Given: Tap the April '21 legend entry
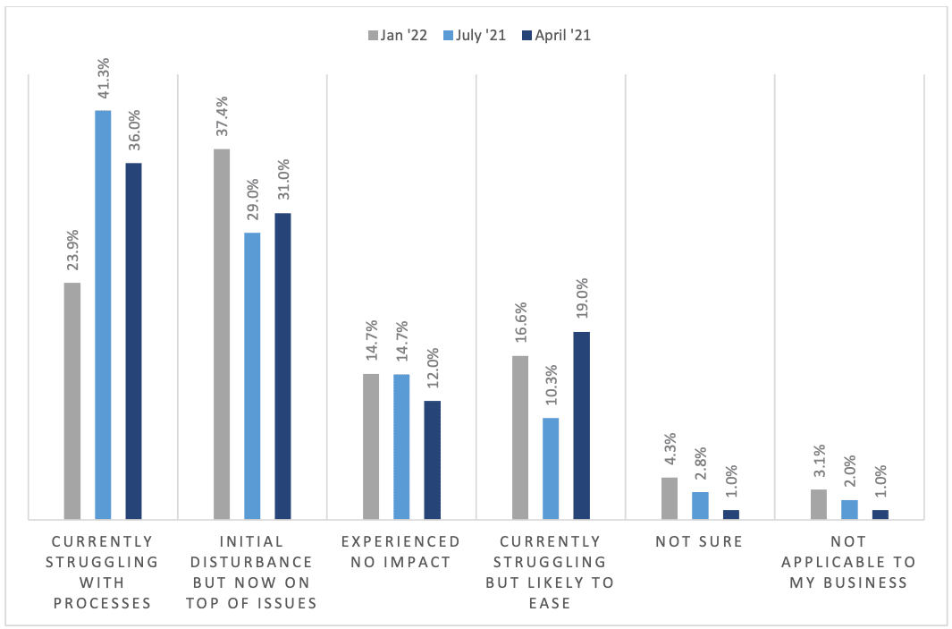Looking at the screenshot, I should [x=557, y=36].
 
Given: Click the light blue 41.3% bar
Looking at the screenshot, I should [x=103, y=314].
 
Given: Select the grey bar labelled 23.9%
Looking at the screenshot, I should [x=72, y=401].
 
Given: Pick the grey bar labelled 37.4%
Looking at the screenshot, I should [x=222, y=334].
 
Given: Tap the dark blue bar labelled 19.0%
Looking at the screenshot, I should [x=581, y=425].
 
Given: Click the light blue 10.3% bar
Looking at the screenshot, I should [x=551, y=468].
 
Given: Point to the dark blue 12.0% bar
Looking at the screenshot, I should [x=432, y=460].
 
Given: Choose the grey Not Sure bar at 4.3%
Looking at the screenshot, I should [x=670, y=498].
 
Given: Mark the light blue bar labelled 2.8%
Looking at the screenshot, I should [x=700, y=506].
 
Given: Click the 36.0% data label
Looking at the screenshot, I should [x=133, y=134].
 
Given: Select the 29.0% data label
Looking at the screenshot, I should [x=252, y=203].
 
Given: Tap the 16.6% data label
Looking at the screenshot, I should [x=521, y=327].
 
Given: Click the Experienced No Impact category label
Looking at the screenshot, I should [x=401, y=552].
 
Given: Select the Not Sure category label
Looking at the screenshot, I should [x=699, y=541].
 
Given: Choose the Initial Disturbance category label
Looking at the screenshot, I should [x=251, y=572].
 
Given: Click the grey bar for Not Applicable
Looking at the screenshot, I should [x=819, y=504].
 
